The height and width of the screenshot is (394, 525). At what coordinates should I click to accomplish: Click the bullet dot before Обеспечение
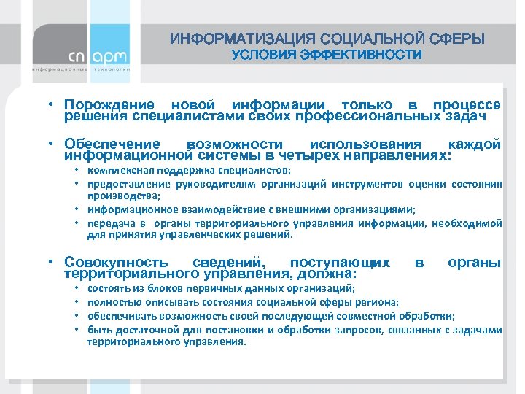54,144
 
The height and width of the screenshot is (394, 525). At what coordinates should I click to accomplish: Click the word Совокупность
117,262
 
